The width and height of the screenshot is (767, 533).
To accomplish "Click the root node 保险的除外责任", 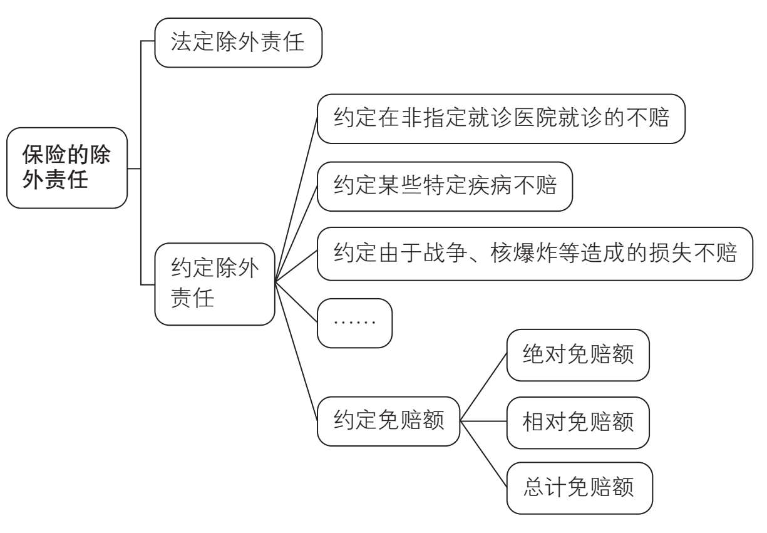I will coord(67,168).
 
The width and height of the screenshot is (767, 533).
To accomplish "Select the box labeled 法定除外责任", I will coord(238,43).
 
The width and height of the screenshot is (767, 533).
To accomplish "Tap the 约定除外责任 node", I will coord(214,284).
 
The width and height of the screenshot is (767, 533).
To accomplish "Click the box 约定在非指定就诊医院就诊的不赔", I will coord(501,119).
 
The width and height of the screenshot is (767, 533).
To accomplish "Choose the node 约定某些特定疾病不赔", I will coord(445,187).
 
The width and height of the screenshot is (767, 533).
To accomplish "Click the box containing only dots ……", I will coord(354,323).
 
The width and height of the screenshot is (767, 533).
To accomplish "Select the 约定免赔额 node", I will coord(388,421).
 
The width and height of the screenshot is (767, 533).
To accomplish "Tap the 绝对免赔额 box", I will coord(577,355).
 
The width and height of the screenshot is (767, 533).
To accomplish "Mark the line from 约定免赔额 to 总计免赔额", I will coord(483,455).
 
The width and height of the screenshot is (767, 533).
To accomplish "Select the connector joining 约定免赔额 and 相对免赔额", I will coord(483,422).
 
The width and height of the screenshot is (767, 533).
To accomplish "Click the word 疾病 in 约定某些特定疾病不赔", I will coord(489,187).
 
